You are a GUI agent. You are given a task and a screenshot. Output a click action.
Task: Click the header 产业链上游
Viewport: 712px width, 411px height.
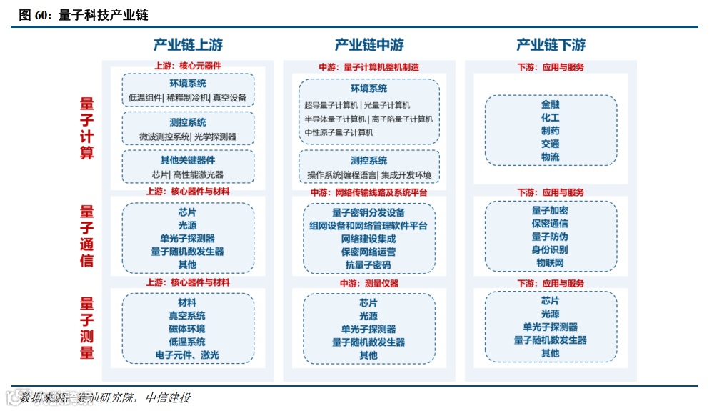click(188, 45)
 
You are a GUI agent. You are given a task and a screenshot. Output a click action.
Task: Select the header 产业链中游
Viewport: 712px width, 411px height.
click(369, 45)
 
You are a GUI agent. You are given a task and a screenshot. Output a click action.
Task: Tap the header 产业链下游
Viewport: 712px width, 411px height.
click(551, 45)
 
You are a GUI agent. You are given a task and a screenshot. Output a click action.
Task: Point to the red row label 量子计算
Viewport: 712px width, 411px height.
click(86, 129)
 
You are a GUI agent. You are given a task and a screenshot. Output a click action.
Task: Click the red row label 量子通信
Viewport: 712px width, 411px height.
click(86, 236)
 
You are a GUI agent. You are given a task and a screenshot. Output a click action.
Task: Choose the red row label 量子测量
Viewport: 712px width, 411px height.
click(86, 328)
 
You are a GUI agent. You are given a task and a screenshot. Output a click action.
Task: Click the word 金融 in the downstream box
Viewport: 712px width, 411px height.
click(551, 104)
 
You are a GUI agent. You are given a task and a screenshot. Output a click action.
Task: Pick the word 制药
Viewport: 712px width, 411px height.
click(551, 131)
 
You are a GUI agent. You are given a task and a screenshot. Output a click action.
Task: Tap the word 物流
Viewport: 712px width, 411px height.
click(551, 157)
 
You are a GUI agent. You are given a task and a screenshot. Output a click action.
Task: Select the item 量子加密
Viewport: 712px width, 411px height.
click(551, 211)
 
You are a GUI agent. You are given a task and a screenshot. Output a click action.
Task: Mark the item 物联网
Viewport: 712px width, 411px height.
click(551, 263)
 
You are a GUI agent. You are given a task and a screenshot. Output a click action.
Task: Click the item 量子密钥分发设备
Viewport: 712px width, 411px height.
click(368, 212)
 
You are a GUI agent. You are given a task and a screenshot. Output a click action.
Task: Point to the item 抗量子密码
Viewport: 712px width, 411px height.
click(368, 265)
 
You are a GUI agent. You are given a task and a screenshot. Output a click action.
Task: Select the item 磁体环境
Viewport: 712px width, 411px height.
click(187, 329)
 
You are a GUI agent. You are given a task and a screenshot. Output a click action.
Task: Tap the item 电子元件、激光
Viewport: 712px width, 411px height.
click(187, 355)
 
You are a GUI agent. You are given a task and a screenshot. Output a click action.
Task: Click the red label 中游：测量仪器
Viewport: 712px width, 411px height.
click(368, 284)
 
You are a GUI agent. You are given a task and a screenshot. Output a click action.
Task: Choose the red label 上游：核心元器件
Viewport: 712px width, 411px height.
click(188, 66)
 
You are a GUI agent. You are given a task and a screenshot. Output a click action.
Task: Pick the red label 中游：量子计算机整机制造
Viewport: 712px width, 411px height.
click(368, 66)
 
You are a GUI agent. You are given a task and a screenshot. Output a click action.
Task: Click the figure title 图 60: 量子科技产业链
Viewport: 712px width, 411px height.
click(84, 15)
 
